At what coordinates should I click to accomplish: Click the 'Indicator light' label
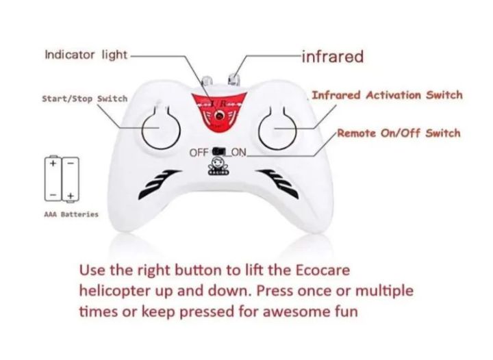[86, 54]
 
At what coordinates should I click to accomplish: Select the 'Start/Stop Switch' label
[84, 99]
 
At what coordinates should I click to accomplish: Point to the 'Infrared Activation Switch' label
[387, 95]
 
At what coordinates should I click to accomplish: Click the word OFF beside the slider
[200, 151]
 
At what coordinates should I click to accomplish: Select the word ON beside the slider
[238, 151]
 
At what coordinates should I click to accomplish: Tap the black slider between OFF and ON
[219, 151]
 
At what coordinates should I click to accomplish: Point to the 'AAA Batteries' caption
[71, 214]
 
